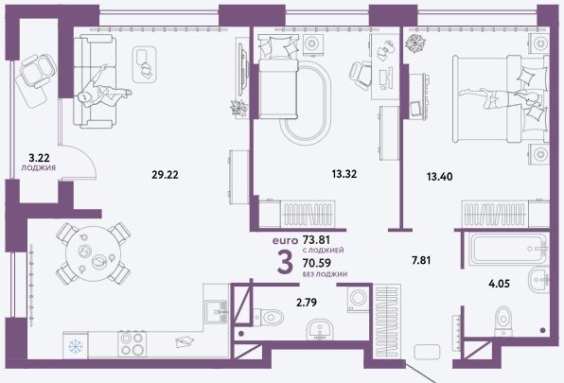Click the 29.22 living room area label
pos(165,175)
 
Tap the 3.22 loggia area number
pos(39,157)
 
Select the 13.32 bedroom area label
pos(344,174)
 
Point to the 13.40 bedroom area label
pos(439,177)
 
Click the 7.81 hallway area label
pos(421,260)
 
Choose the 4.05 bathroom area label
pos(499,284)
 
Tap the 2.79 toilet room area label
pos(307,303)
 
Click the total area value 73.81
pos(316,239)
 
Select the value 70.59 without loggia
pos(317,263)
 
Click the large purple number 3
pos(285,263)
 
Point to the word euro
pos(285,240)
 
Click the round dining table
pos(93,253)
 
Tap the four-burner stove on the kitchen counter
pos(132,344)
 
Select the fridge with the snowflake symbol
pos(76,345)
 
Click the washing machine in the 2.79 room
pos(359,298)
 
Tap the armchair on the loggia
pos(36,71)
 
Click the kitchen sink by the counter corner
pos(217,312)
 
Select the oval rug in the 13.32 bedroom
pos(306,100)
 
